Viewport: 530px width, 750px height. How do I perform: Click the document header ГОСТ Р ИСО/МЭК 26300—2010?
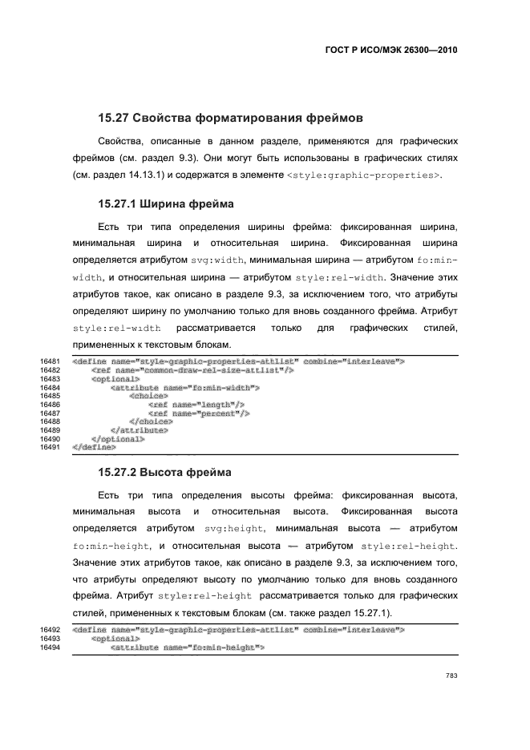[x=391, y=49]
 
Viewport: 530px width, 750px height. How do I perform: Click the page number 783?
[x=451, y=676]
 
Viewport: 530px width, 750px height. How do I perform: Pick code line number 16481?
[x=50, y=361]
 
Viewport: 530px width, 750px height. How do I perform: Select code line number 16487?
[x=50, y=413]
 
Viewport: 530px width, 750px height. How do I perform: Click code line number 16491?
[x=50, y=447]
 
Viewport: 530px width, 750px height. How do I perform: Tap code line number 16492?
[x=50, y=631]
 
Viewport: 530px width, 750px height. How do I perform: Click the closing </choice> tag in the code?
[x=151, y=421]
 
